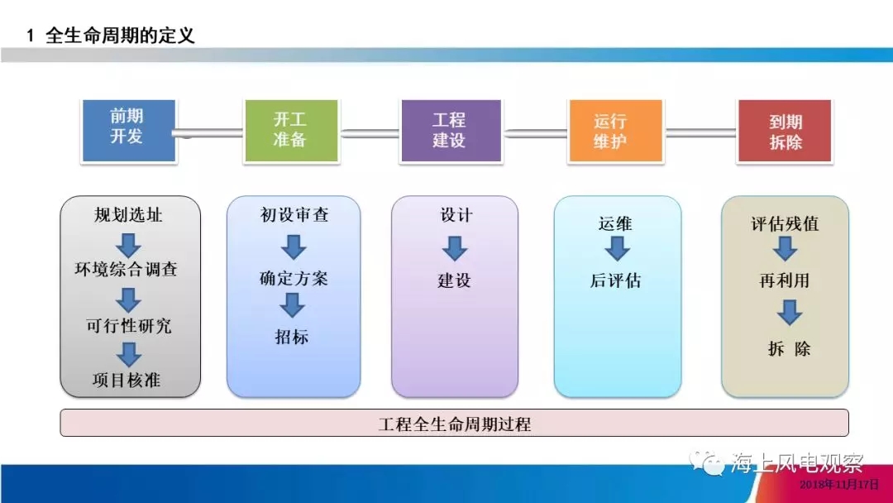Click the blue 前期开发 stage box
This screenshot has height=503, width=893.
pos(129,131)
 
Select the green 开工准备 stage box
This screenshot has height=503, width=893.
pos(291,131)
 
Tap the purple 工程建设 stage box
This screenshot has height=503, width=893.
pos(451,131)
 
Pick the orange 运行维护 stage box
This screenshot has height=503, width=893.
pos(616,131)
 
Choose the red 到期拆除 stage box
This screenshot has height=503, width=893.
pos(785,131)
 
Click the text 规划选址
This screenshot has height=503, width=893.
pos(129,215)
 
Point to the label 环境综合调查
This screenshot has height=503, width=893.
pos(127,269)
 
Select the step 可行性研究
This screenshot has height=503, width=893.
pos(129,325)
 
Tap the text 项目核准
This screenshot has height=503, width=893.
pos(127,380)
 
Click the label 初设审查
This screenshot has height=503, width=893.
pos(294,215)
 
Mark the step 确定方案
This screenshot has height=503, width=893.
pos(294,279)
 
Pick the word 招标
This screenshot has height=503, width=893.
pos(292,337)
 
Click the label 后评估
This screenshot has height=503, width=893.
pos(616,280)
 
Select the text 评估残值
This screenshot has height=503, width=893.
pos(785,224)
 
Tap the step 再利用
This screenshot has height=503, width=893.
pos(784,280)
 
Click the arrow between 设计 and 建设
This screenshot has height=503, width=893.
pos(455,249)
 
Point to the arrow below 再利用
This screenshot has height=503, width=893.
pos(790,313)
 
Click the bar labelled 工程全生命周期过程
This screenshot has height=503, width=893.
pos(455,423)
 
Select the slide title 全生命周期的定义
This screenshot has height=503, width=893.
pos(120,36)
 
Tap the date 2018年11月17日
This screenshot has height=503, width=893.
pos(839,485)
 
